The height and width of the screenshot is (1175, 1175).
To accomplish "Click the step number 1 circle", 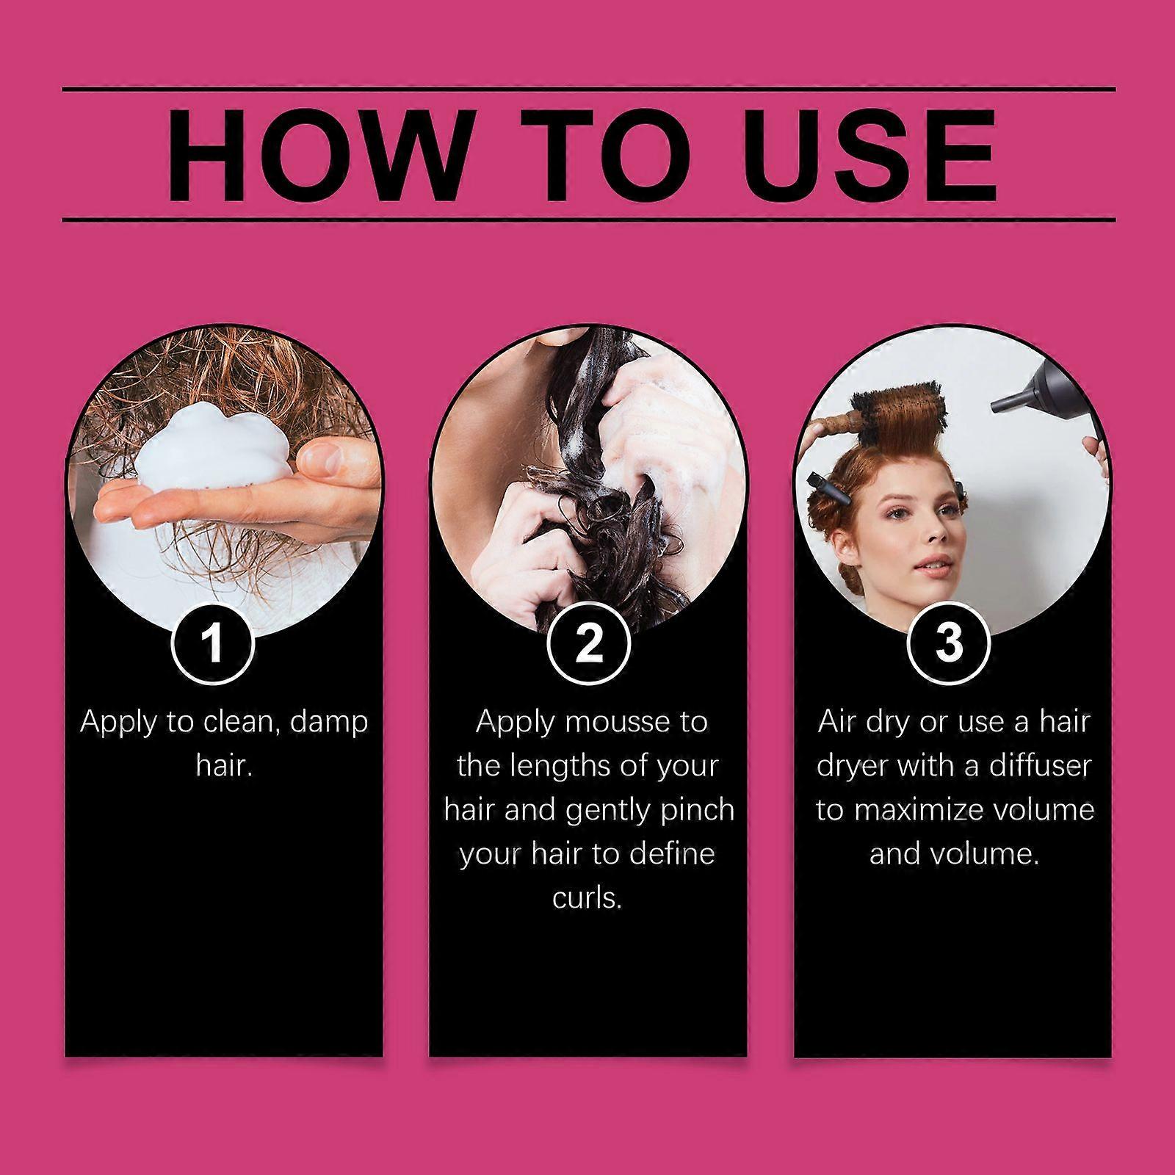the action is (x=213, y=643).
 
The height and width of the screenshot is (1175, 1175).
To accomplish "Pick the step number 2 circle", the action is (x=589, y=643).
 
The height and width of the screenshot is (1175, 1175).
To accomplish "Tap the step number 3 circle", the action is (x=950, y=643).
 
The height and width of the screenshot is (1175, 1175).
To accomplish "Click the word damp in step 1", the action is (x=329, y=722).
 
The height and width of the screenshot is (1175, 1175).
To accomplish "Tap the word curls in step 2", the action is (x=587, y=897).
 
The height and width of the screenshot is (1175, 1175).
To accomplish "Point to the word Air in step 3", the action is (x=836, y=722).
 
